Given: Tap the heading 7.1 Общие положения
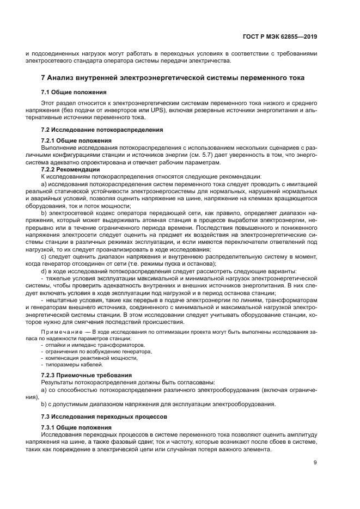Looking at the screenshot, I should point(74,92).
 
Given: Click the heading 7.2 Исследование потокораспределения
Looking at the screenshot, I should point(102,130).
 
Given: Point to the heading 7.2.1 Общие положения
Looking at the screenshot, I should point(77,140).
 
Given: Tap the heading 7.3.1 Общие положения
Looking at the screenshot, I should point(77,427).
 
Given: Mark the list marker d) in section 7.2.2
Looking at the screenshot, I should point(44,271).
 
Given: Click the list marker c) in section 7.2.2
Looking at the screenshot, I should point(44,256).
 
